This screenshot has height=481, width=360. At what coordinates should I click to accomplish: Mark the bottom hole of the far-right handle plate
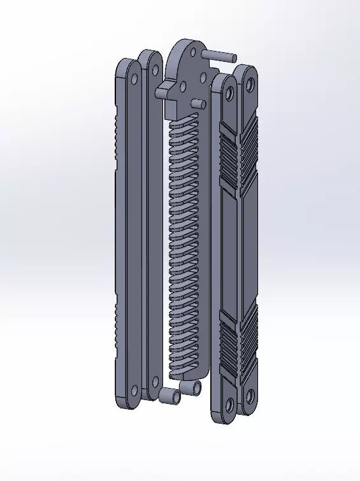pyautogui.click(x=249, y=397)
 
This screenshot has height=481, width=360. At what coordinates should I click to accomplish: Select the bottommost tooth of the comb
pyautogui.click(x=184, y=371)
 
